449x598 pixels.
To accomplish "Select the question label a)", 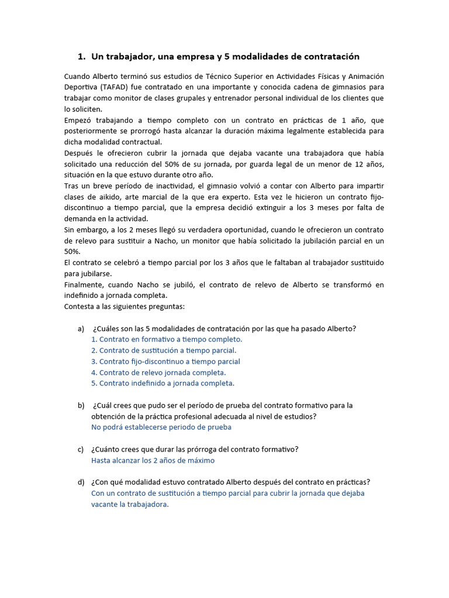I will coord(81,328).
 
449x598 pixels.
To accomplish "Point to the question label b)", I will coord(81,405).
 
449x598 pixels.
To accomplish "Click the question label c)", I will coord(81,449).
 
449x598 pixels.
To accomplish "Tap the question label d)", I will coord(81,482).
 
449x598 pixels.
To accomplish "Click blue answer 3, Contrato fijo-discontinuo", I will coord(165,361).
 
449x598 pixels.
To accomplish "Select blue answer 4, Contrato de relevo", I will coord(158,373).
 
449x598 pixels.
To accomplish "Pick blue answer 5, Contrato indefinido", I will coord(163,383).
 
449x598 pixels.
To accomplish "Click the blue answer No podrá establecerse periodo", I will coord(161,427).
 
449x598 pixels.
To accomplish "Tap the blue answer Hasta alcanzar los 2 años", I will coord(153,460).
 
